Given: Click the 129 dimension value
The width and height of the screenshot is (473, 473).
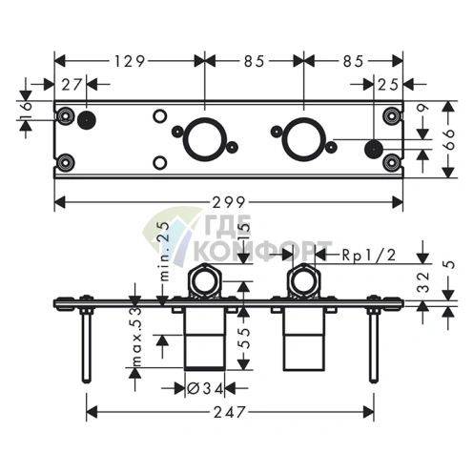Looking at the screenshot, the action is pos(130,61).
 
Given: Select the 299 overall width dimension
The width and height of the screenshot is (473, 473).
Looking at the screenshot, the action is pos(229,202).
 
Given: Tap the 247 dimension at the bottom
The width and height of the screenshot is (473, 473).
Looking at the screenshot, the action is pos(230,413).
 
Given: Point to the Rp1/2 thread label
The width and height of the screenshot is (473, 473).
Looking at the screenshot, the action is pos(369,255).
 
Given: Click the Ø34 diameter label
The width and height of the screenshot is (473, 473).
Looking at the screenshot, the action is pos(205,388).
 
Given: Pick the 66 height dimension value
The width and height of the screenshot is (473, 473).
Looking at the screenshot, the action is pos(448,139).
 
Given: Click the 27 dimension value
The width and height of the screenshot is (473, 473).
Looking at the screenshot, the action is pos(72,85).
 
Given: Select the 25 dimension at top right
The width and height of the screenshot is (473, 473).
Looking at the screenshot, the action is pos(388,85).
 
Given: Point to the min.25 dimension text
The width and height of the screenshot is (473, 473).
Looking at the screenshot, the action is pos(165,251).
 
